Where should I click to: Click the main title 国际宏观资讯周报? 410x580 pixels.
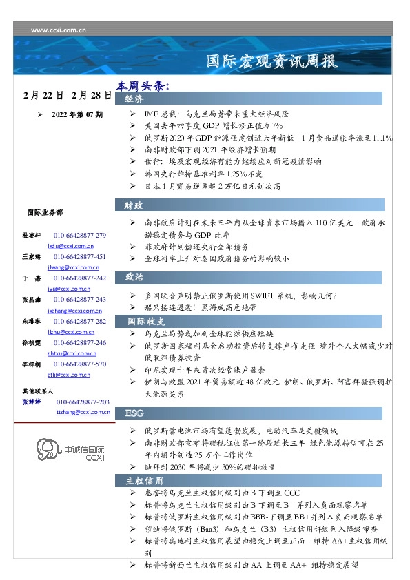coord(273,62)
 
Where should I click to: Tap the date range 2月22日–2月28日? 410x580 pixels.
coord(67,94)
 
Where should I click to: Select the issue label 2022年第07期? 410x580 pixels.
coord(76,114)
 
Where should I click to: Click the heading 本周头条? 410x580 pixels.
coord(143,86)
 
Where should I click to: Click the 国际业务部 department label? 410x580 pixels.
coord(44,213)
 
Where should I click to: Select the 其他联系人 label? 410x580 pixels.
coord(40,391)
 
